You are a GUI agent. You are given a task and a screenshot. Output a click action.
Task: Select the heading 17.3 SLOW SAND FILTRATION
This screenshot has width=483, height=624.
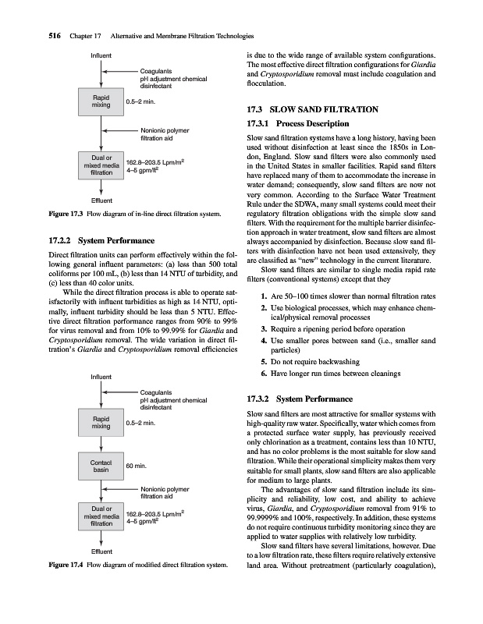tap(311, 109)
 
